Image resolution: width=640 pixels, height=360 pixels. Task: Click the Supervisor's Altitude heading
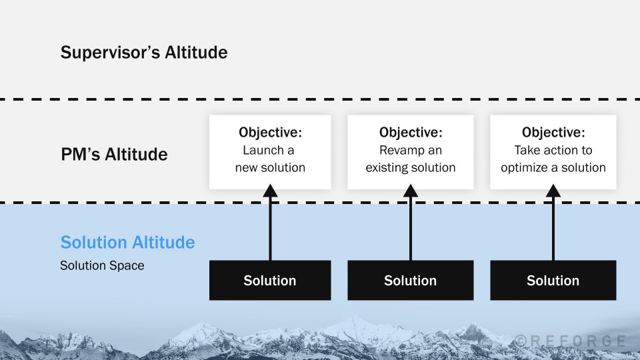pos(143,52)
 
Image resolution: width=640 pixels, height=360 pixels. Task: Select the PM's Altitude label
pos(114,155)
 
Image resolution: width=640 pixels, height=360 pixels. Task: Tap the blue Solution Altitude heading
pos(127,242)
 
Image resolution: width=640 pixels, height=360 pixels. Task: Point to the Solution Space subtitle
pos(102,265)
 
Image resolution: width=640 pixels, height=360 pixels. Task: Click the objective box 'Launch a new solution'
pos(269,151)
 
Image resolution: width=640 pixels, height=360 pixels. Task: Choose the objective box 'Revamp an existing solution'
pos(410,151)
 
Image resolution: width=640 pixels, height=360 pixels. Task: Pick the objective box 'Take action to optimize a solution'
pos(553,151)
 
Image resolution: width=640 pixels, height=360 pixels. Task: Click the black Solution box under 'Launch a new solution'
pos(269,280)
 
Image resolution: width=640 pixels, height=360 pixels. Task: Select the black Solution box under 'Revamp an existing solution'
pos(410,280)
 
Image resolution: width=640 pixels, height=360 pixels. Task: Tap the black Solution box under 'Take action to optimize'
pos(553,280)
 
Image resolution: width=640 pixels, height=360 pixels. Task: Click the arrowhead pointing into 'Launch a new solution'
pos(269,191)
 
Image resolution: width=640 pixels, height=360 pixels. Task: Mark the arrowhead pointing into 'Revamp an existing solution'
pos(410,191)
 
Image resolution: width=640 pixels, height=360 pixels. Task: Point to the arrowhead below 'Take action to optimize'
pos(553,191)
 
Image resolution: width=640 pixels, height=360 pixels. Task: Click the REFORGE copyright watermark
pos(571,341)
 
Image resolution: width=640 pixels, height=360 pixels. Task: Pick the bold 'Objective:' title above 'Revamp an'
pos(410,133)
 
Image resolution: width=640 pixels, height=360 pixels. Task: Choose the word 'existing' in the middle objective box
pos(387,167)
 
